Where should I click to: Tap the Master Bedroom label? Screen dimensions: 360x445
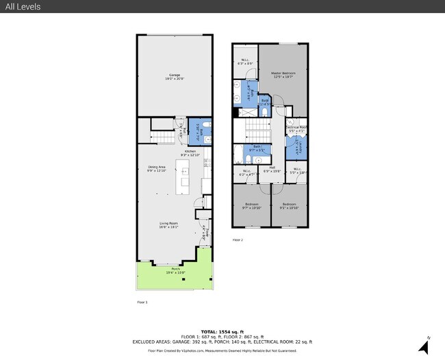[x=283, y=75]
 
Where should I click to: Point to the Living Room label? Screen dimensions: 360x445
[x=168, y=225]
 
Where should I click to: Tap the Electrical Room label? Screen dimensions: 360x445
[x=296, y=129]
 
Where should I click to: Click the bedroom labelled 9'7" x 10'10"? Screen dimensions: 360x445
[x=251, y=205]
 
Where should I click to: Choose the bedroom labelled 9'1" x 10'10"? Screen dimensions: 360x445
[x=289, y=205]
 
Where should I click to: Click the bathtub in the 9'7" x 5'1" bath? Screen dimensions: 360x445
[x=238, y=153]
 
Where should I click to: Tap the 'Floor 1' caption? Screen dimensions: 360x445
[x=142, y=301]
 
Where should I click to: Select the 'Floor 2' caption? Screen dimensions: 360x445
[x=238, y=240]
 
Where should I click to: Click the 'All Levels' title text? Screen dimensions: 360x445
[x=23, y=7]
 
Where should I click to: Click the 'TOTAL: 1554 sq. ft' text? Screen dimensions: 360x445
[x=222, y=331]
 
